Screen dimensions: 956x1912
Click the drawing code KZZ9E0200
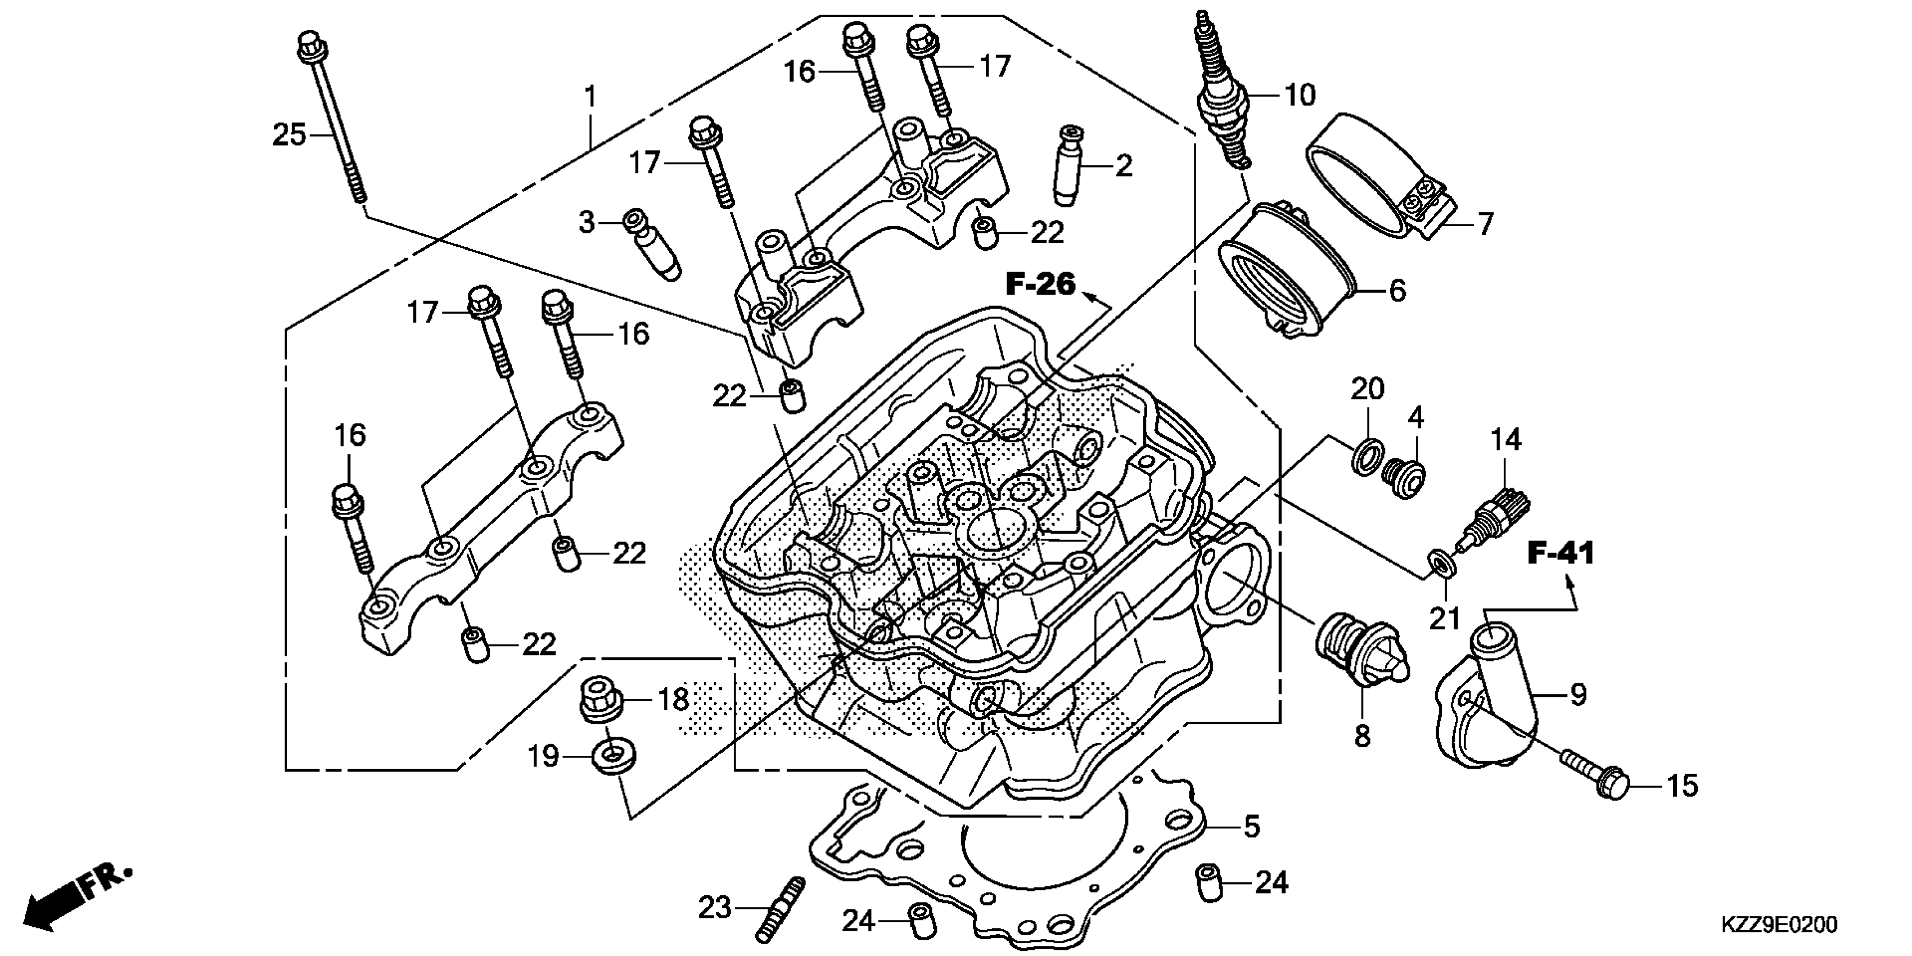coord(1780,925)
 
